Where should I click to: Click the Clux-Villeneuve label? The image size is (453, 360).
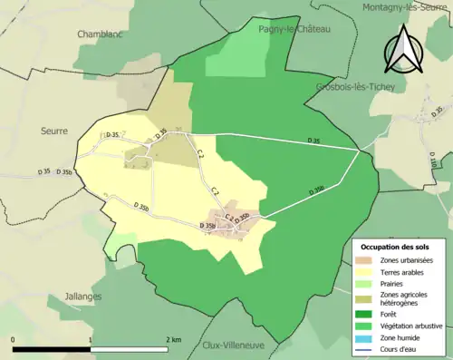click(234, 345)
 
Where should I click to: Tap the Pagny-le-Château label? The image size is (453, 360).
click(295, 29)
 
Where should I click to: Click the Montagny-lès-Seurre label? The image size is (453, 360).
click(407, 7)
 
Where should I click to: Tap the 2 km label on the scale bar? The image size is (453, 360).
click(174, 339)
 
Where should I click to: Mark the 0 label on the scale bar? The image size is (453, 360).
click(14, 339)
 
